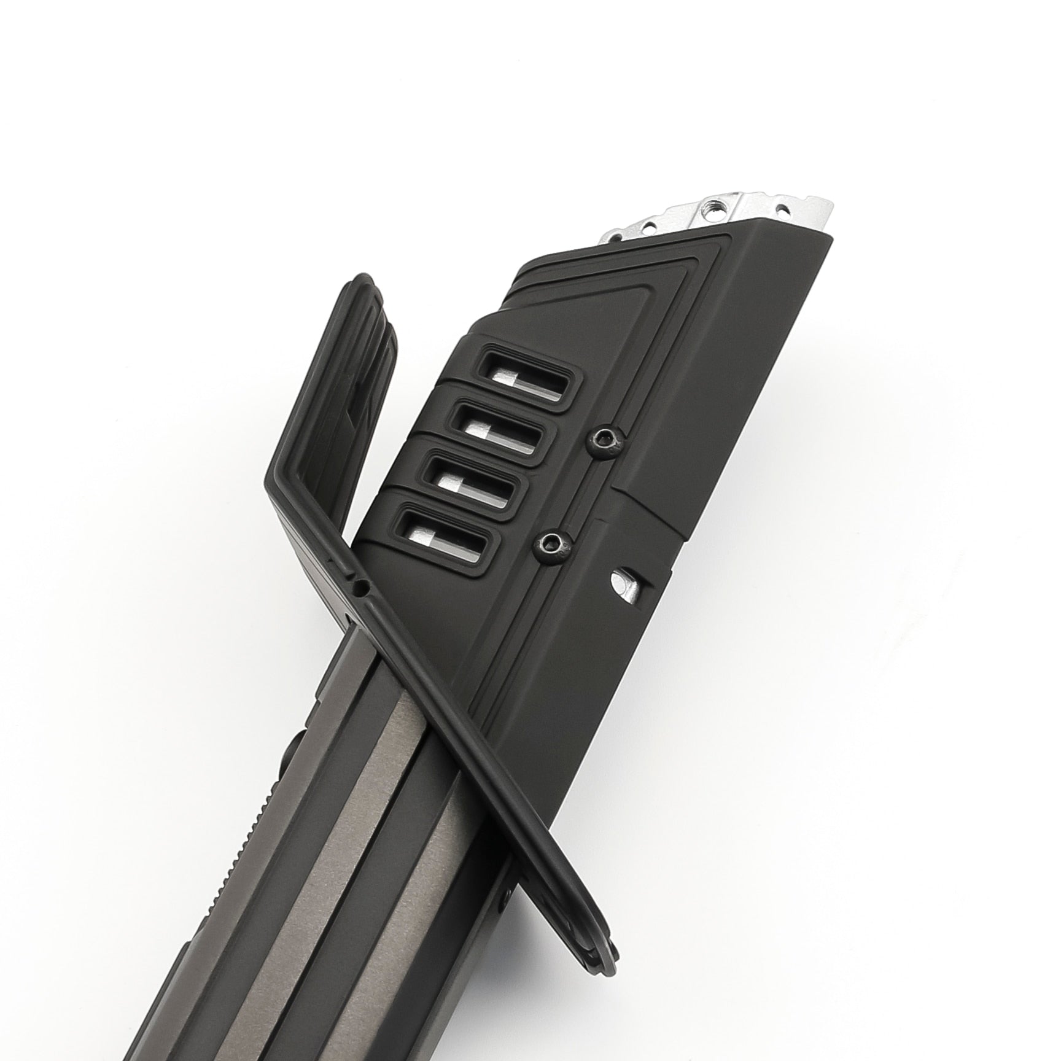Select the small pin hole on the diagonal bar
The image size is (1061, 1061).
coord(363,588)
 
